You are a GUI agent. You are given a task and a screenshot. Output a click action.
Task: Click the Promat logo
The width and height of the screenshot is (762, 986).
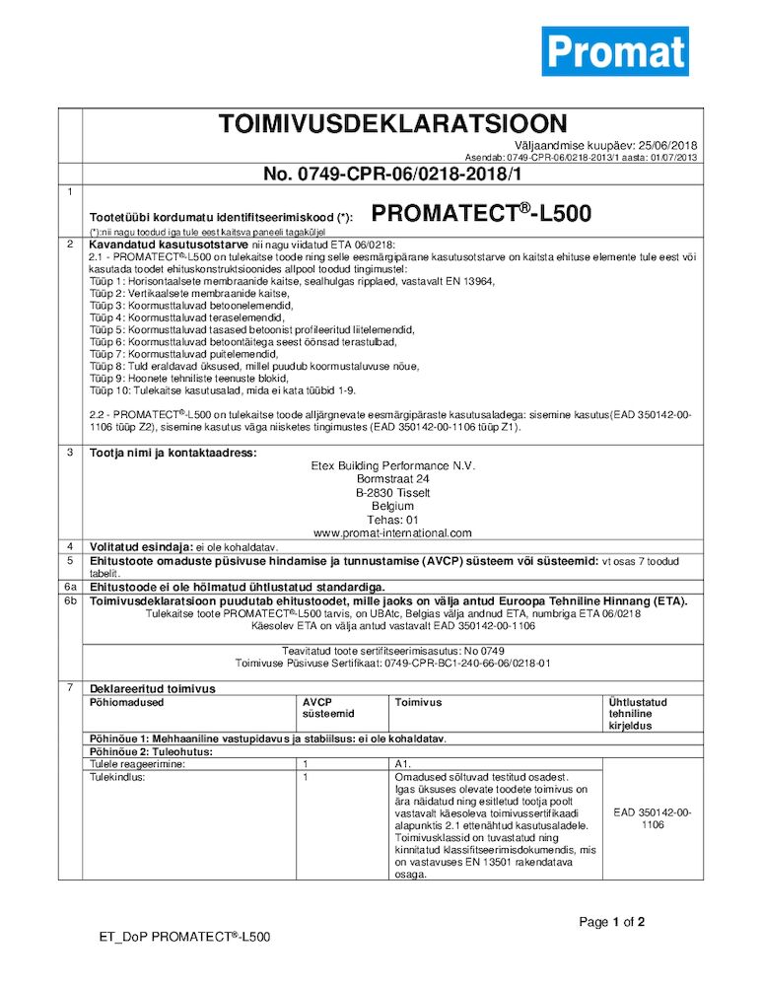[614, 51]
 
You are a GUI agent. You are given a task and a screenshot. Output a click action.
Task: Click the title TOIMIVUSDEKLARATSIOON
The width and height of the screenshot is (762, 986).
[392, 124]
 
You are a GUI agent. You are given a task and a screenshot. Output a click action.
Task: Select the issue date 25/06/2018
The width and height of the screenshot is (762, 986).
[664, 145]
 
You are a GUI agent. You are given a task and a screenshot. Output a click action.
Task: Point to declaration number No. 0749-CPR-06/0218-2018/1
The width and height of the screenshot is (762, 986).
[391, 175]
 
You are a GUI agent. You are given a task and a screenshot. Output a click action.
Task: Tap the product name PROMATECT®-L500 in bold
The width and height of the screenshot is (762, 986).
[482, 214]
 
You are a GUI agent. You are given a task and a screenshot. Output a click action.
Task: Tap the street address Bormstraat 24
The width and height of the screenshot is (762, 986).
[392, 479]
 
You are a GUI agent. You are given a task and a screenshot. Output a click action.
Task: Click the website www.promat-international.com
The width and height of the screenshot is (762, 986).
[392, 532]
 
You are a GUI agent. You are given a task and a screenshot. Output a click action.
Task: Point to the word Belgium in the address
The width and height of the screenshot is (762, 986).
[392, 506]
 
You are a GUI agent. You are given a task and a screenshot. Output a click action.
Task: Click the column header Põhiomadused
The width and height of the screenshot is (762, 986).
[126, 703]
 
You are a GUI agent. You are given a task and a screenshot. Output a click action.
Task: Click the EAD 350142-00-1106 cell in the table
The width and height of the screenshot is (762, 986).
[652, 818]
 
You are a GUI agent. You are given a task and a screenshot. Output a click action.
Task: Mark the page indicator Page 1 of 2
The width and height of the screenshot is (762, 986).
[611, 923]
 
